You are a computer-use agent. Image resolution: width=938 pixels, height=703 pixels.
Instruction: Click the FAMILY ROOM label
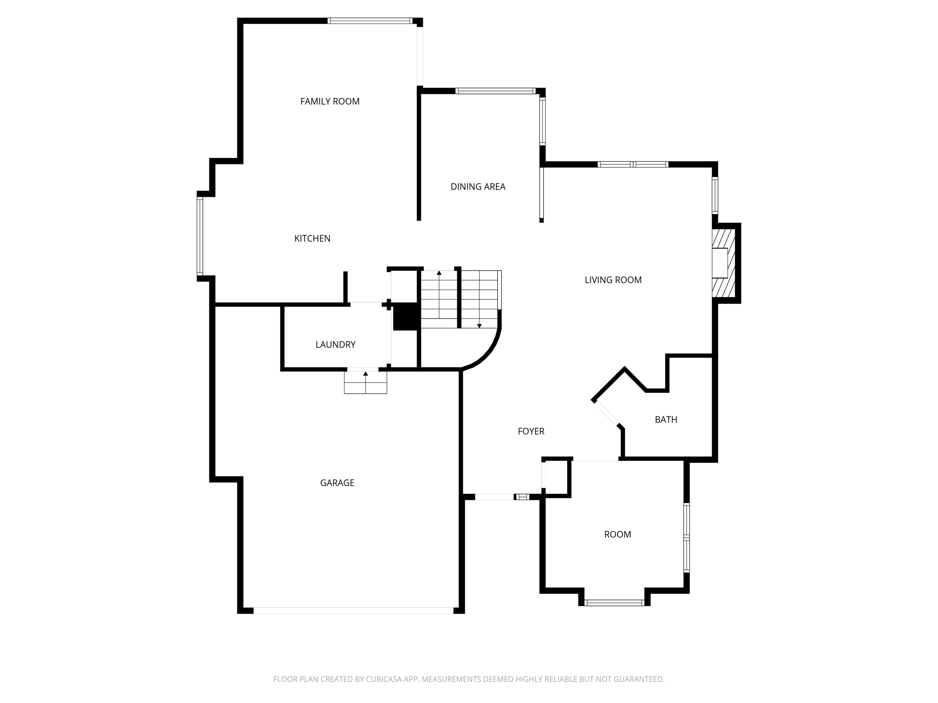point(330,101)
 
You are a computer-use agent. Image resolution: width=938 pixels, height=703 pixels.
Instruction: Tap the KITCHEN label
point(312,238)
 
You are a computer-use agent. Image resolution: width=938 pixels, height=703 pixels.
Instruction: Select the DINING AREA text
point(478,186)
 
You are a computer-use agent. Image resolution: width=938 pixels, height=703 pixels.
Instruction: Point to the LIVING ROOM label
point(613,280)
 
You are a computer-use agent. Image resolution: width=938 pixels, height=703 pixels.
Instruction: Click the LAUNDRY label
point(335,344)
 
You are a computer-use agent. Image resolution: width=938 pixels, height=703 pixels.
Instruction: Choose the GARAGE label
point(337,482)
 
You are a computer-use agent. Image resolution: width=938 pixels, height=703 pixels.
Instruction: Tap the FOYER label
point(531,431)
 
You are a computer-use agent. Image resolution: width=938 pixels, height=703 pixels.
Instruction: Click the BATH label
point(665,419)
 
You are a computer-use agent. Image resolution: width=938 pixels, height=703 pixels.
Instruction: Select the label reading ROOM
point(617,534)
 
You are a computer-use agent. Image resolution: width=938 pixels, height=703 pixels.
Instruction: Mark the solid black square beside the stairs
point(405,316)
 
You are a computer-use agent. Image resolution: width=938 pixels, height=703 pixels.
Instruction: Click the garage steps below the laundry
point(365,383)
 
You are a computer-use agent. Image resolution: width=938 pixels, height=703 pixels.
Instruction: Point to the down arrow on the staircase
point(479,325)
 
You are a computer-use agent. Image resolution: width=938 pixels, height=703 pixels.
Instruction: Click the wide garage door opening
point(353,610)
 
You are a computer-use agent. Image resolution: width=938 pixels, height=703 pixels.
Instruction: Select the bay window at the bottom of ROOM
point(614,603)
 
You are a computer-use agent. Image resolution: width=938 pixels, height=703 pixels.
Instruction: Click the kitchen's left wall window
point(200,236)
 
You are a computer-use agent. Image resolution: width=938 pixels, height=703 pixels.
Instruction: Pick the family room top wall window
point(370,21)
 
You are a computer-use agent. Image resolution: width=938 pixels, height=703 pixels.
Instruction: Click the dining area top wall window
point(496,91)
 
